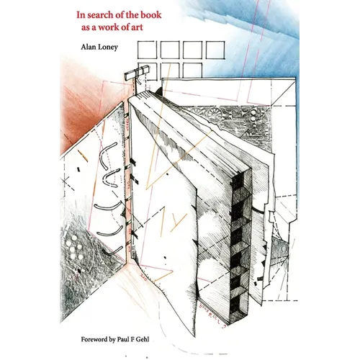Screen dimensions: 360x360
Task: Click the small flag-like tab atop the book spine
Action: pyautogui.click(x=136, y=73)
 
